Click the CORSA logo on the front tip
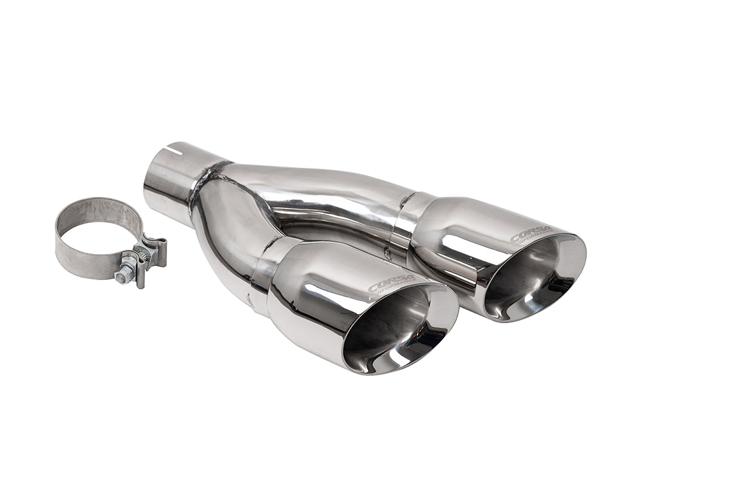pyautogui.click(x=392, y=282)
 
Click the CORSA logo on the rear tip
pyautogui.click(x=531, y=233)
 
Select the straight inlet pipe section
pyautogui.click(x=170, y=176)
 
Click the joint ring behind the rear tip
pyautogui.click(x=405, y=222)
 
